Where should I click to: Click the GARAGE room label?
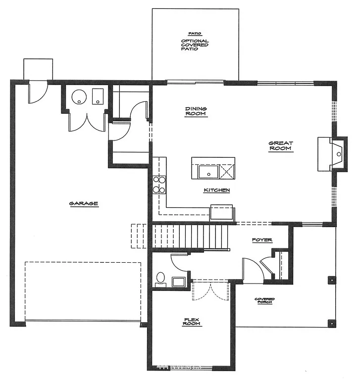point(83,203)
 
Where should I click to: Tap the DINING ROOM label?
point(196,111)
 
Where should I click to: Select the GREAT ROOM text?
point(281,146)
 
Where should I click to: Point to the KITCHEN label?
point(216,190)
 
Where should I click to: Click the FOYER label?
point(262,240)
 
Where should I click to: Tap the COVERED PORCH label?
point(264,301)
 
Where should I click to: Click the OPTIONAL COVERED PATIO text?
point(195,45)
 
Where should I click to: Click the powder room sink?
point(178,282)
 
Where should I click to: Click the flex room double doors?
point(211,292)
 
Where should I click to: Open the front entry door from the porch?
point(252,271)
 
